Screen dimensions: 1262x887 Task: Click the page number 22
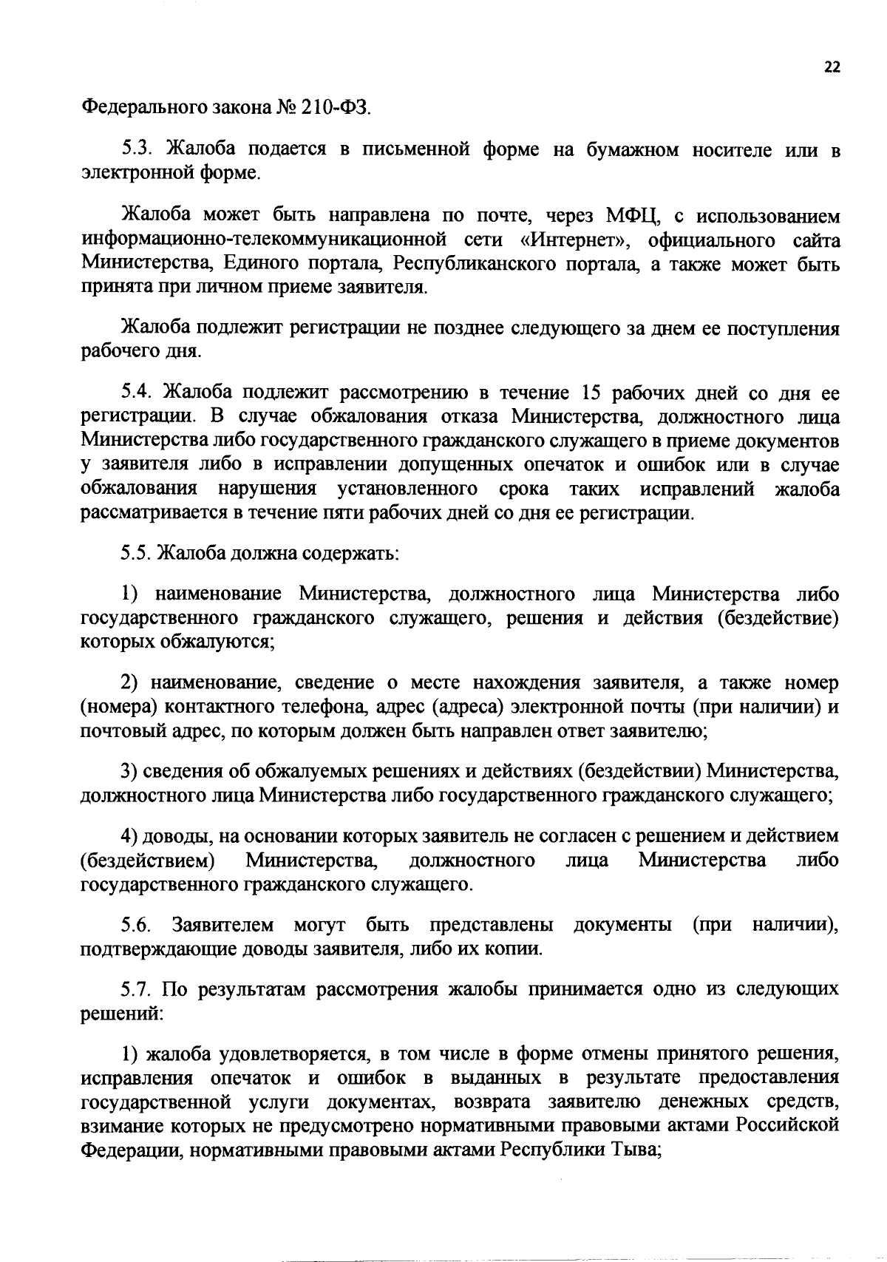coord(832,67)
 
